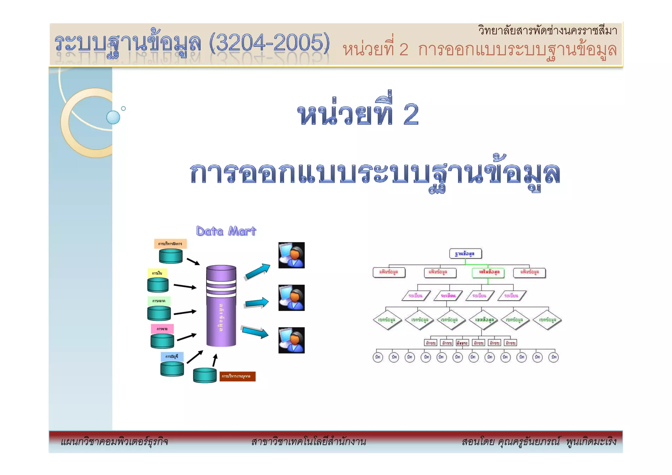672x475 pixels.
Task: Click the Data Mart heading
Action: click(226, 231)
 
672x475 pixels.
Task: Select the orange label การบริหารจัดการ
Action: click(170, 244)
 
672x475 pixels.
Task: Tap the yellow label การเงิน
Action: click(157, 273)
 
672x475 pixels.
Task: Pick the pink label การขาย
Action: click(162, 329)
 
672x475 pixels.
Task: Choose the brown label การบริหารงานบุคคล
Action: click(237, 376)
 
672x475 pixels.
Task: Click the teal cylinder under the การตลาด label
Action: click(159, 313)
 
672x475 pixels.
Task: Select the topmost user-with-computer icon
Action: click(291, 255)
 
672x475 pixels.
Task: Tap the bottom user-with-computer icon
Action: click(291, 340)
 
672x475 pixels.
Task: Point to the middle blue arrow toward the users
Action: click(257, 303)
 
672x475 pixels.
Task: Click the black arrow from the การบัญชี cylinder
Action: click(195, 357)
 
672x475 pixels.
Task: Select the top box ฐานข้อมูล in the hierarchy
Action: click(465, 254)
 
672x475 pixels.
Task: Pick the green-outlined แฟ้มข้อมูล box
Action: click(488, 272)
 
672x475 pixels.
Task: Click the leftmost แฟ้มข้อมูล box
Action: click(389, 272)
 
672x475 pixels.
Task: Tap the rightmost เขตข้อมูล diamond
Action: click(547, 319)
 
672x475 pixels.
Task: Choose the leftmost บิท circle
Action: click(378, 357)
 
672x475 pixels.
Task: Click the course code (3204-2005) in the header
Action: click(269, 43)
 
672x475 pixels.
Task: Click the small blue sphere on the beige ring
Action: click(113, 117)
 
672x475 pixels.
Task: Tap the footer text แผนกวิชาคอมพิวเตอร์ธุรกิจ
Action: click(115, 442)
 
